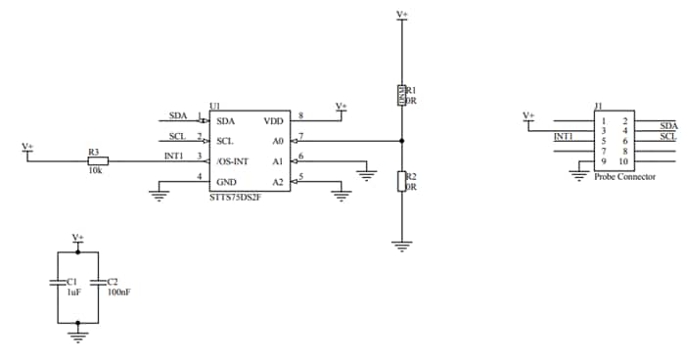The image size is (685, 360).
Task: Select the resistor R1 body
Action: coord(401,95)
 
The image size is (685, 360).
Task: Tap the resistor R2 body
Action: coord(401,181)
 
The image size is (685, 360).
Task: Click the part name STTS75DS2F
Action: coord(235,198)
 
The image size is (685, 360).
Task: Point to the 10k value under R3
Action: coord(94,170)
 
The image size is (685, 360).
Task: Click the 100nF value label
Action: coord(118,292)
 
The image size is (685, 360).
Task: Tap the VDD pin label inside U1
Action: coord(274,121)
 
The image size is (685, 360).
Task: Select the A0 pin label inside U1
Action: coord(278,141)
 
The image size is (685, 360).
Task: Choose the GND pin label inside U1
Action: coord(228,182)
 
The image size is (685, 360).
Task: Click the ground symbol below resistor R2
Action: coord(401,247)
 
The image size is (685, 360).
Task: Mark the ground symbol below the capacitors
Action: coord(77,336)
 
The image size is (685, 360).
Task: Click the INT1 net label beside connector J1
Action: coord(564,137)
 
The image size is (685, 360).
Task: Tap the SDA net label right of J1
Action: coord(668,125)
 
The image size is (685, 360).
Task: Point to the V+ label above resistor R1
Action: coord(401,14)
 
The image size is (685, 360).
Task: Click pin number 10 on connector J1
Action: coord(622,160)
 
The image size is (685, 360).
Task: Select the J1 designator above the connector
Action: coord(598,106)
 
